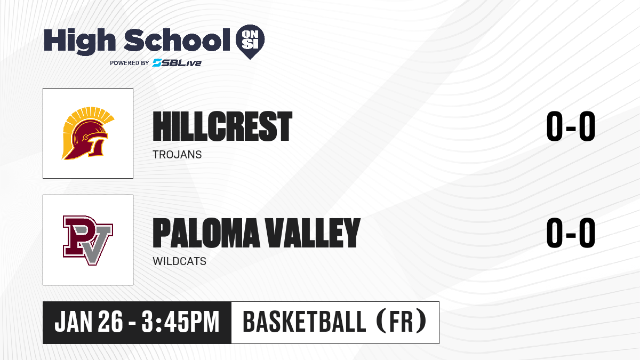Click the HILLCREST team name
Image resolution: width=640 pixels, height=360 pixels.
coord(222,126)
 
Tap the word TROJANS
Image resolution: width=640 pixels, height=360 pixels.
coord(177,155)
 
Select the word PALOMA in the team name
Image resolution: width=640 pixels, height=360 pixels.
coord(206,233)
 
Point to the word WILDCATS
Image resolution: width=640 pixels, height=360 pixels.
coord(179,261)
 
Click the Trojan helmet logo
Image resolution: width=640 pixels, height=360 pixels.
coord(88,133)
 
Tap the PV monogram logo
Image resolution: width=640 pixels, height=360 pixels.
coord(88,241)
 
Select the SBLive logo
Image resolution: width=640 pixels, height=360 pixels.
coord(177,63)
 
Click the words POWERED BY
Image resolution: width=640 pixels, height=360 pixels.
coord(130,63)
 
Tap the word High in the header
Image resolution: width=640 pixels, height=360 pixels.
coord(79,41)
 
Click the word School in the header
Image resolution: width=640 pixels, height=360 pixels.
coord(177,40)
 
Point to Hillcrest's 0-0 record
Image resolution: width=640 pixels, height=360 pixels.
coord(571,126)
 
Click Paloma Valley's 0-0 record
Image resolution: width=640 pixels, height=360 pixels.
coord(571,233)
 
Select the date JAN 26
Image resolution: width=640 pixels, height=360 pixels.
coord(89,322)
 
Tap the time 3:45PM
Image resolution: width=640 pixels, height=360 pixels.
coord(180,322)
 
